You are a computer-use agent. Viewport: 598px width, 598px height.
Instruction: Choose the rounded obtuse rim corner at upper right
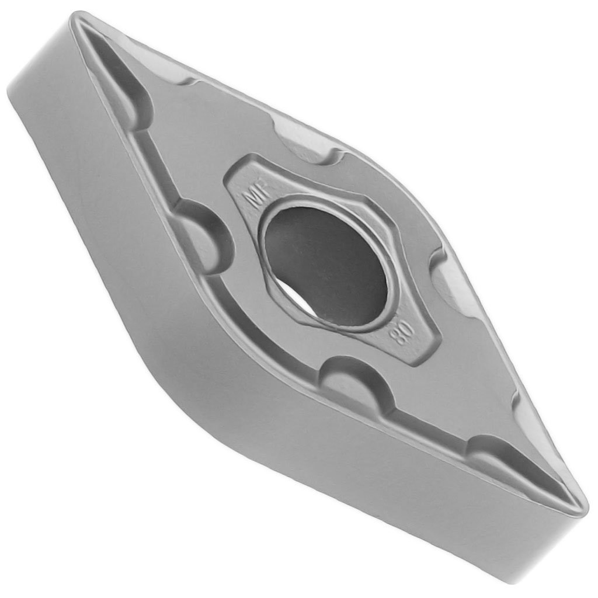409,187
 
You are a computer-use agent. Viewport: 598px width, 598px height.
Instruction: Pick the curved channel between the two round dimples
263,327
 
